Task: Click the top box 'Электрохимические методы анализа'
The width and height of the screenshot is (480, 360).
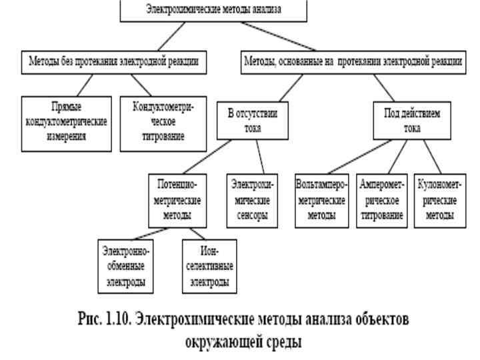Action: (213, 9)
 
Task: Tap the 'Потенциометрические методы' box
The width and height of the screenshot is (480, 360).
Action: (177, 199)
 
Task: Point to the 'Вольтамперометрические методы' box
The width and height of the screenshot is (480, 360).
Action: (320, 199)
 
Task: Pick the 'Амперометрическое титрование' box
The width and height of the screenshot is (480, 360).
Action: (383, 199)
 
